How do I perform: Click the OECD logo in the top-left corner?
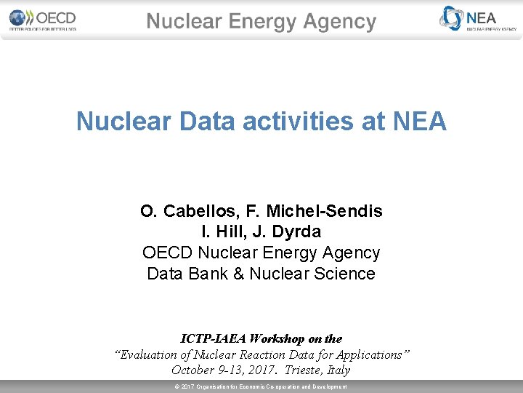point(42,20)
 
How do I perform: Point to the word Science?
point(350,274)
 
